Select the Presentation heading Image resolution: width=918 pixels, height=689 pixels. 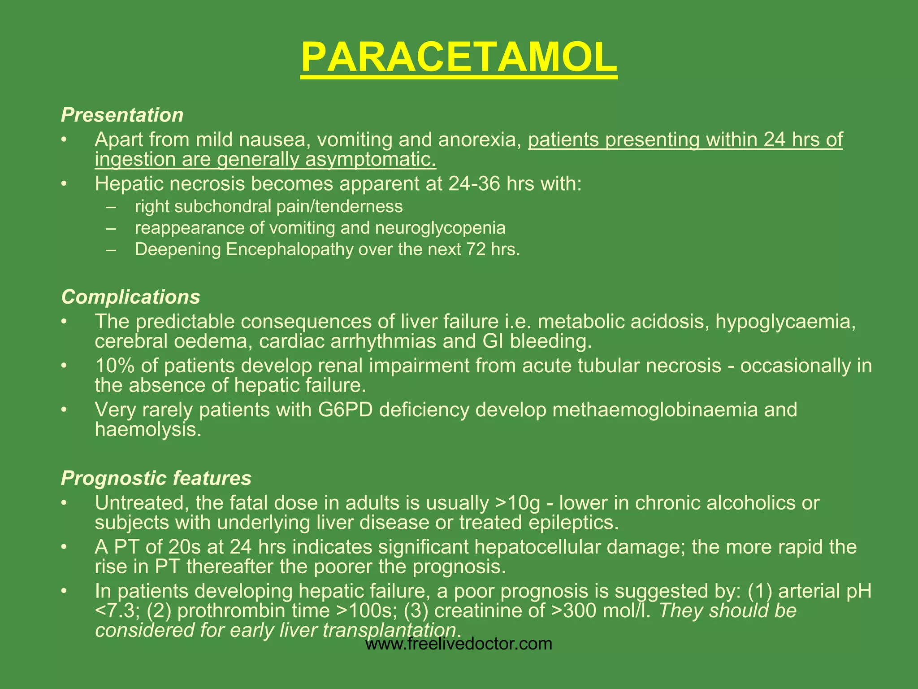click(x=122, y=115)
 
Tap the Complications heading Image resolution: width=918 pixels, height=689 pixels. click(x=130, y=297)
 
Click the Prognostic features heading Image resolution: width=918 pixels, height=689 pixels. click(x=156, y=479)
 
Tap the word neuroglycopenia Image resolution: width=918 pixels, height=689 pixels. click(x=440, y=228)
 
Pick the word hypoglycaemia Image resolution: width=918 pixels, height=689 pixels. click(x=785, y=322)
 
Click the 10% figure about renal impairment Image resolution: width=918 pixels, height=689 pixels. click(x=115, y=366)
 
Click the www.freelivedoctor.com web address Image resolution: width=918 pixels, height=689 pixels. click(x=459, y=644)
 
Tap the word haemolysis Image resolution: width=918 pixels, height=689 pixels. click(x=147, y=430)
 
